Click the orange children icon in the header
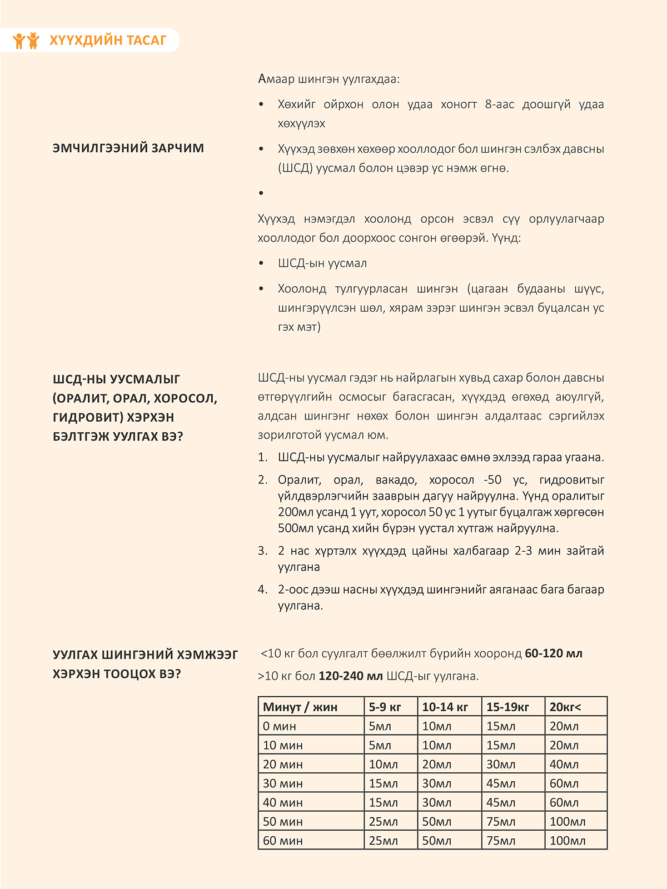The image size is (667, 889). tap(26, 40)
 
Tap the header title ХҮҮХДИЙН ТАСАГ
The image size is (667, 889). tap(108, 40)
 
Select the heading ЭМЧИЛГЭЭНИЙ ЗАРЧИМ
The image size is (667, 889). tap(128, 148)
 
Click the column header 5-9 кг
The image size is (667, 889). tap(385, 707)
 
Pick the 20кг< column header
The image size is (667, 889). tap(565, 707)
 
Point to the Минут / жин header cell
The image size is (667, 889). tap(300, 707)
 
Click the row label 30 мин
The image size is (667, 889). tap(283, 783)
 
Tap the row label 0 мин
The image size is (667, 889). tap(280, 726)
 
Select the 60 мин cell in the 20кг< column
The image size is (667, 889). tap(568, 841)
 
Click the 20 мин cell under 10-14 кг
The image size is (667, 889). tap(437, 765)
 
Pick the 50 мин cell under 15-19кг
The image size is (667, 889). tap(501, 822)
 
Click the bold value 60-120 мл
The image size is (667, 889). tap(554, 653)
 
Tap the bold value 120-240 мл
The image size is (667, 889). tap(351, 676)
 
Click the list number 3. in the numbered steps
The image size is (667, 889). tap(263, 551)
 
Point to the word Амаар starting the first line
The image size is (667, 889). tap(276, 79)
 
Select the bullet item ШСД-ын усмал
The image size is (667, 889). tap(322, 263)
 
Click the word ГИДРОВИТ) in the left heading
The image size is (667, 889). tap(86, 417)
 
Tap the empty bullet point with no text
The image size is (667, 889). tap(261, 193)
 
